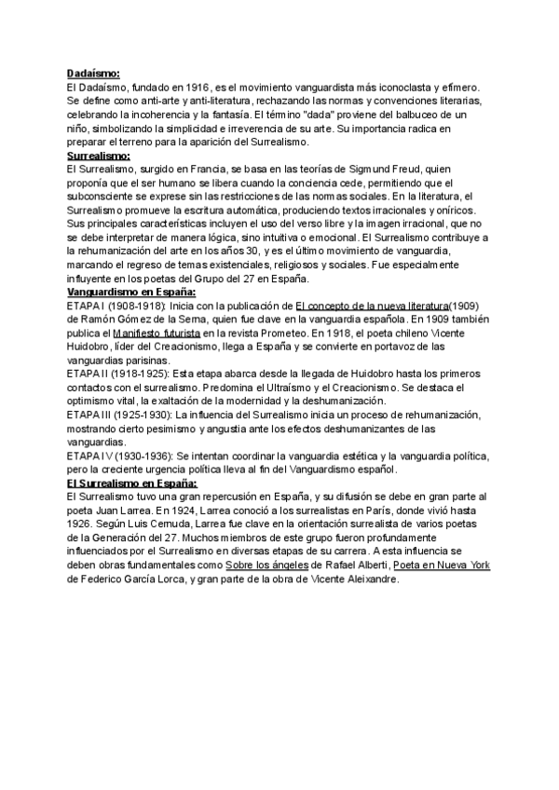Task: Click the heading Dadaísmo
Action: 93,74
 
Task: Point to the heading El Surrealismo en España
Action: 131,484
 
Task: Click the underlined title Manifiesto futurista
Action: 156,333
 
